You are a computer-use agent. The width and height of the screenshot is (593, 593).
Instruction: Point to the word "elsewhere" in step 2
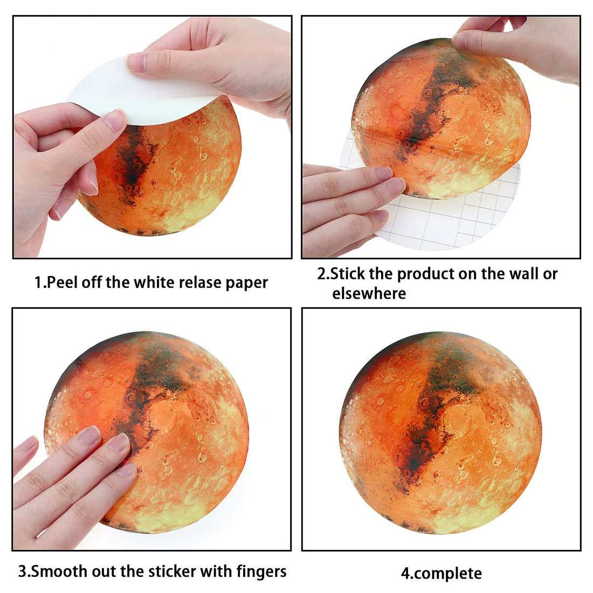(369, 293)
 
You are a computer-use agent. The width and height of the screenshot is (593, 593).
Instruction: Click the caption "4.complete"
(441, 573)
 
